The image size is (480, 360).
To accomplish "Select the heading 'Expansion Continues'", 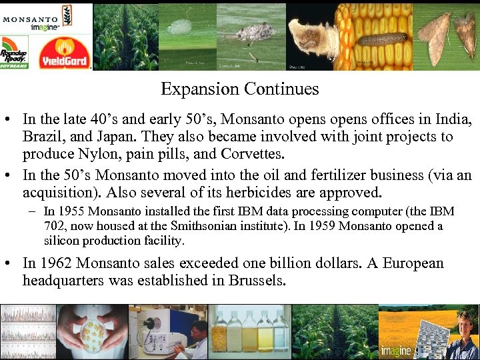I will [x=240, y=89].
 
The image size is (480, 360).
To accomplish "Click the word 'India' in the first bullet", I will [x=453, y=119].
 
